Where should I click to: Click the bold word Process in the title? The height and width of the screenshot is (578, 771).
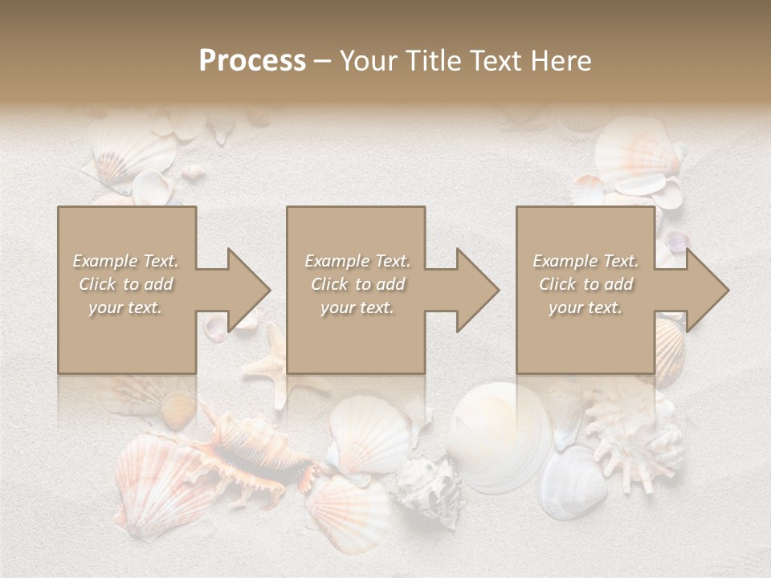pos(252,61)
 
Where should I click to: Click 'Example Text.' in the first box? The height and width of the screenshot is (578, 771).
pos(125,261)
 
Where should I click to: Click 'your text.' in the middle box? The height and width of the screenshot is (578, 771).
pos(357,307)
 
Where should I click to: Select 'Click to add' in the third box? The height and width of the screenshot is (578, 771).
pos(585,284)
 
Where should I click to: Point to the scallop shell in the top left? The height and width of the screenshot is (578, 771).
pos(128,153)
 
